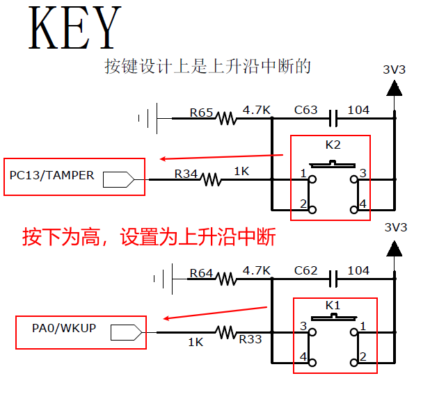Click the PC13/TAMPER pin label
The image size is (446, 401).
[51, 176]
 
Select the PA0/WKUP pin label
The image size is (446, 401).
[64, 327]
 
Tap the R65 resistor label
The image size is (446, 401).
[201, 111]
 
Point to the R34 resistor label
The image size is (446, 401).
[186, 173]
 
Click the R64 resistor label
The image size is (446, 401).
[201, 273]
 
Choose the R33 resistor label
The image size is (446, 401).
[250, 340]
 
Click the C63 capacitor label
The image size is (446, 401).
[305, 110]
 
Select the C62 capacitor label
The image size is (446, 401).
[305, 270]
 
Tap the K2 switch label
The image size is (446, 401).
[333, 145]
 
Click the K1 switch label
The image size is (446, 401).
[333, 305]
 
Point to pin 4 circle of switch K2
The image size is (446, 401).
[353, 209]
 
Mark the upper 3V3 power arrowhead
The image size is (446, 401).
[395, 88]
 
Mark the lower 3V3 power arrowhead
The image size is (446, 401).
[395, 248]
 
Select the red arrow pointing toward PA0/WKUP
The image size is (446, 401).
[216, 313]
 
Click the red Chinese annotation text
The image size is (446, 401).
[149, 237]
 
